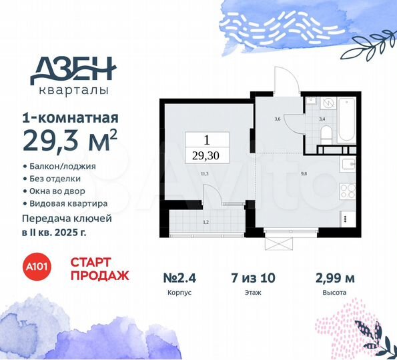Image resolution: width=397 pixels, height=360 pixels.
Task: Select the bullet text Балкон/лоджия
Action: point(63,166)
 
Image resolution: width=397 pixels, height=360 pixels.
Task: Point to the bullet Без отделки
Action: point(56,179)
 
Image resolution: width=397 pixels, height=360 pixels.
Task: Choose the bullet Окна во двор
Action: point(59,191)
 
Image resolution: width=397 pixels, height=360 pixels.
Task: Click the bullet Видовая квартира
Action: point(68,203)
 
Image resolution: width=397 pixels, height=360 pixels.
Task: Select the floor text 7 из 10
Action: point(253,277)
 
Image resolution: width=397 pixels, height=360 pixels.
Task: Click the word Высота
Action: point(334,293)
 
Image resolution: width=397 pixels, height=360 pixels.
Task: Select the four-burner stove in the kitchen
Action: point(348,191)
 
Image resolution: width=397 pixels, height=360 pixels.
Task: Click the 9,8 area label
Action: point(304,175)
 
